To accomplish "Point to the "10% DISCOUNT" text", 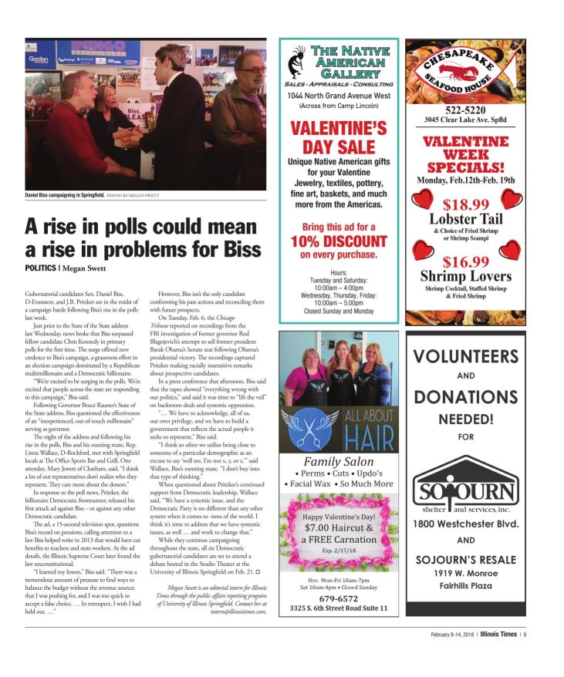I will tap(338, 241).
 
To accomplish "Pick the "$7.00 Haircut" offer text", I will tap(338, 527).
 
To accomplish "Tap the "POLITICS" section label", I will tap(40, 268).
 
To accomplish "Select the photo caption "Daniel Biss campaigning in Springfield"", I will tap(65, 196).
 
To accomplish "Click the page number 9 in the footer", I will tap(525, 635).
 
